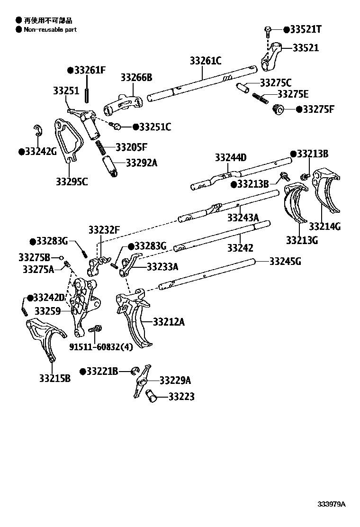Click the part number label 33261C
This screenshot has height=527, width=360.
[206, 61]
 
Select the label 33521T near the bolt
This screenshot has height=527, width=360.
[306, 30]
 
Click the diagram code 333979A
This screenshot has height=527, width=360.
[332, 504]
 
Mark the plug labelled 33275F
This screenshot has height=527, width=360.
[278, 109]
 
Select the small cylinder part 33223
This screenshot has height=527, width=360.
[153, 396]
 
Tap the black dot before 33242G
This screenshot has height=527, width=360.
[21, 152]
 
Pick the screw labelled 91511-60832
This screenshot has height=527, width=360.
[94, 328]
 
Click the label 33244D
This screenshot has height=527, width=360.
[231, 157]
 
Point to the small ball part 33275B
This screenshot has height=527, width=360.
[61, 258]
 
